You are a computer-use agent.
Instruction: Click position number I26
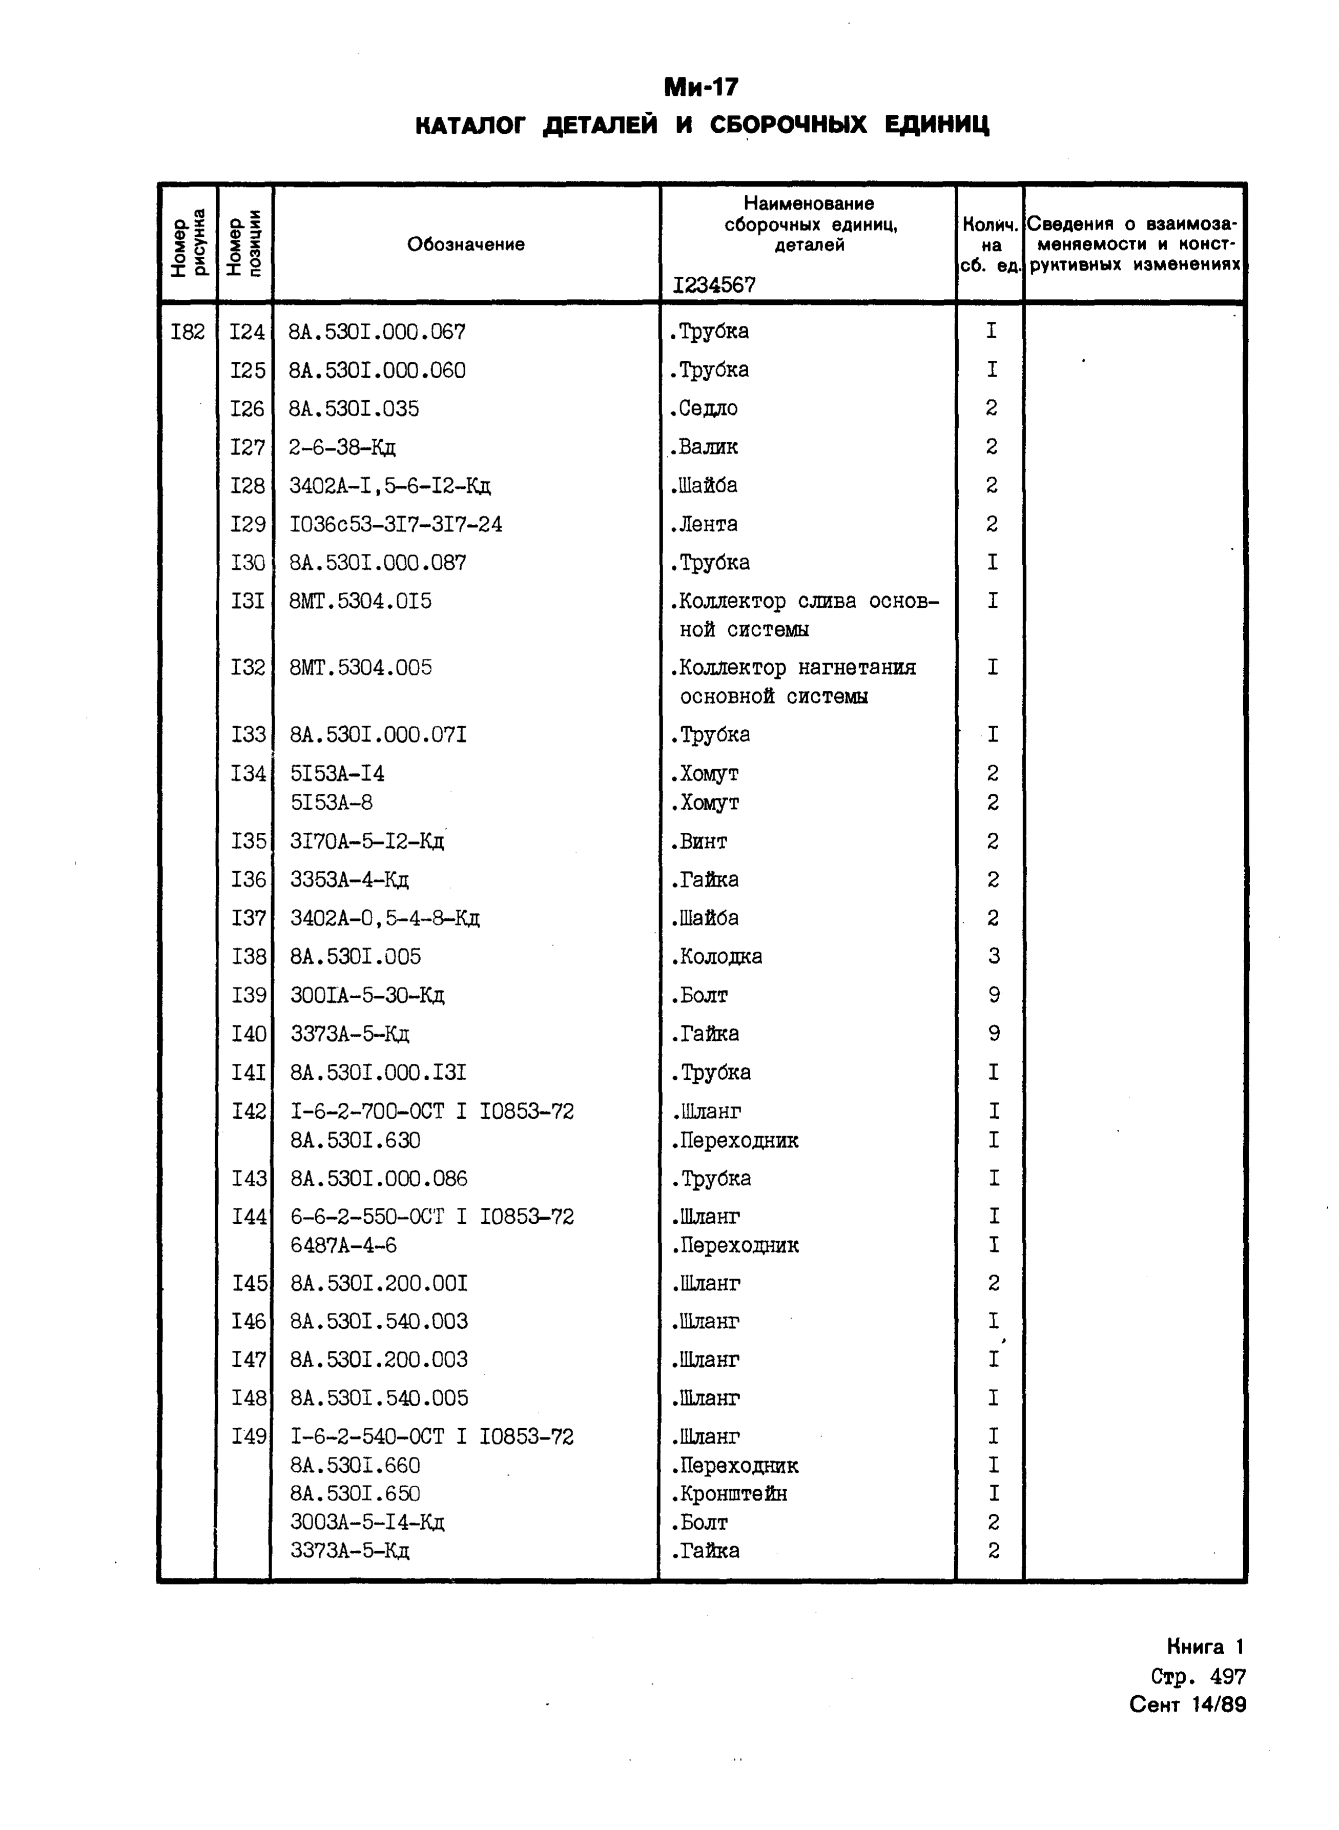247,409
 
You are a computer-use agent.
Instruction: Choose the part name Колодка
716,957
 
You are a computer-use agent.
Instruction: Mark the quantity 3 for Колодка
995,957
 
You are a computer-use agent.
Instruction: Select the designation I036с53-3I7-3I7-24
396,525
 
